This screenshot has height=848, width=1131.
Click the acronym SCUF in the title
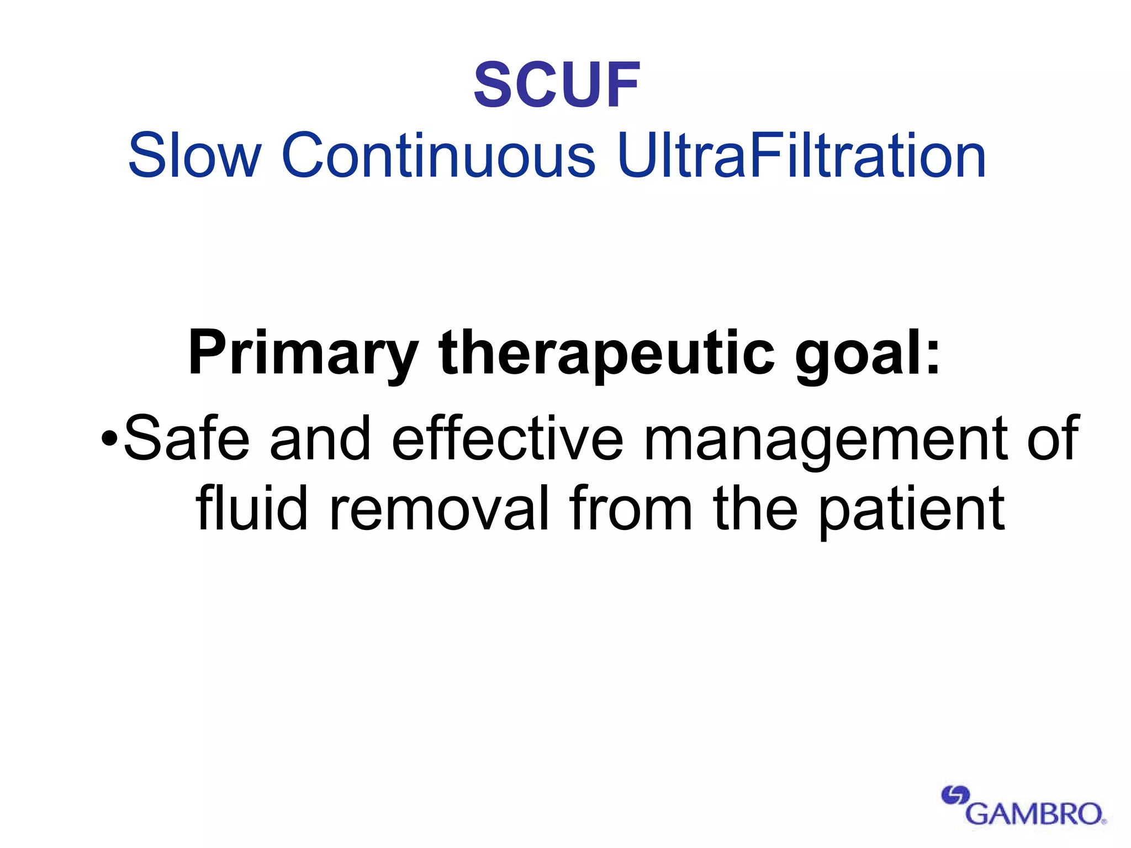(557, 86)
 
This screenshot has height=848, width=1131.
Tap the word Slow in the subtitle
(194, 156)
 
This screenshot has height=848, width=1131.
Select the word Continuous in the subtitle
(438, 156)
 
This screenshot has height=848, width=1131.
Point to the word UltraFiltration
(801, 156)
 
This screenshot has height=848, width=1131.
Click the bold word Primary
(303, 353)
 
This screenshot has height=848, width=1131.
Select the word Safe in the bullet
(187, 439)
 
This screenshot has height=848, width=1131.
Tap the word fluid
(251, 508)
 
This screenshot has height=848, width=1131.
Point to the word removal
(440, 508)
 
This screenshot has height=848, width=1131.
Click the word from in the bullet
(631, 508)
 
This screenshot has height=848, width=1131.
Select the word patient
(912, 511)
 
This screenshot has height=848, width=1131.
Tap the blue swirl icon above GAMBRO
(955, 796)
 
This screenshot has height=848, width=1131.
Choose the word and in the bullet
(320, 439)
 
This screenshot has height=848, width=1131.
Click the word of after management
(1052, 439)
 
